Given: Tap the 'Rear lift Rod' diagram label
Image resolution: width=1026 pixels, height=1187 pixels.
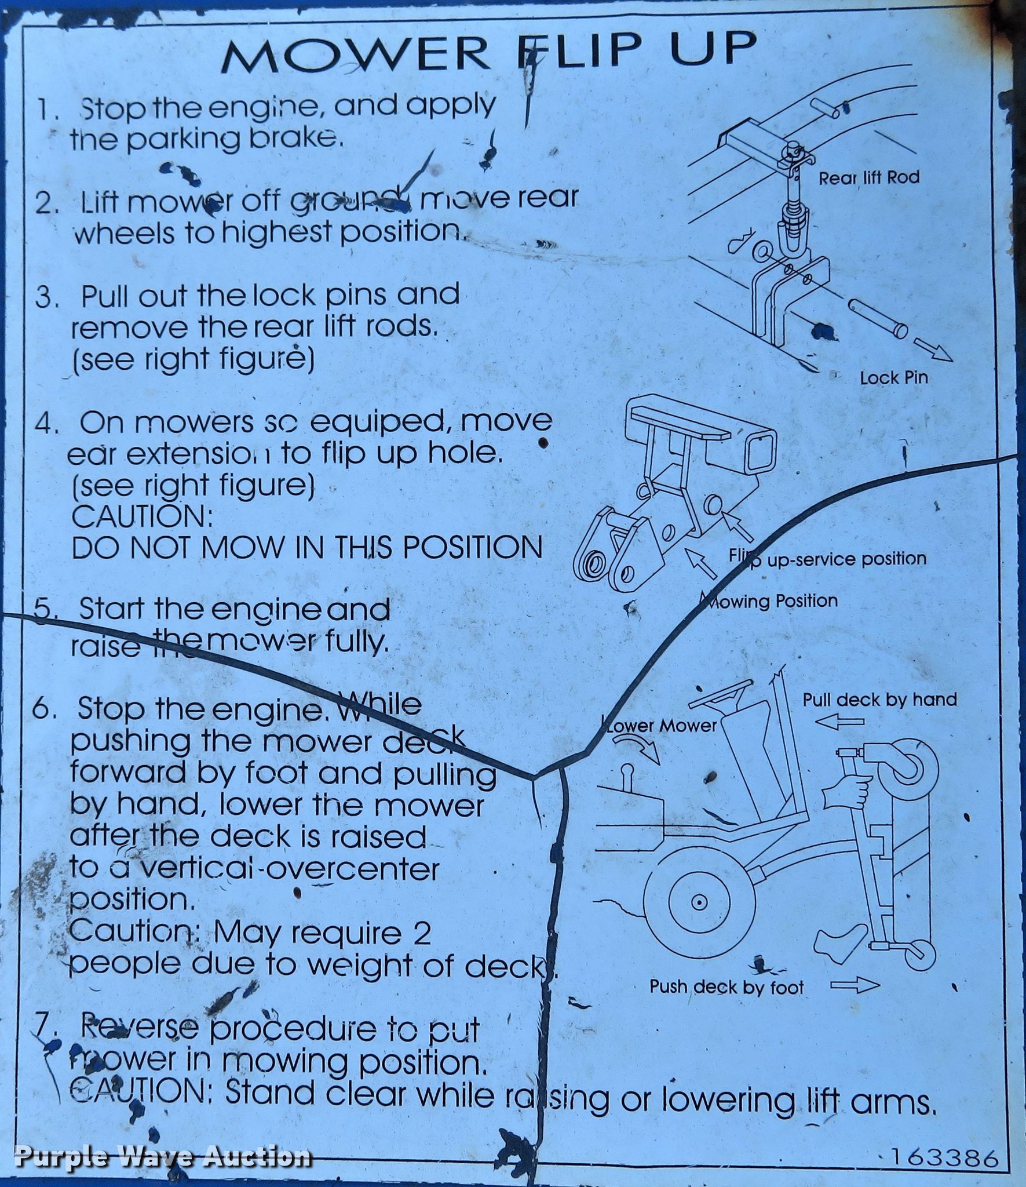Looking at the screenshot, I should pyautogui.click(x=868, y=177).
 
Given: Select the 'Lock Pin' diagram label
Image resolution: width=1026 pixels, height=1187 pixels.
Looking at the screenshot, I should pyautogui.click(x=893, y=378).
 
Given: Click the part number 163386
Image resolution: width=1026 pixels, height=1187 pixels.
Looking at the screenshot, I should pyautogui.click(x=945, y=1159).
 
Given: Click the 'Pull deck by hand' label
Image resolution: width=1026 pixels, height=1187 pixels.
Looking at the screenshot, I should pyautogui.click(x=879, y=700).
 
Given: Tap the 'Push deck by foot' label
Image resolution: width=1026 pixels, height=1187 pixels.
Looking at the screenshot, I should pyautogui.click(x=726, y=987).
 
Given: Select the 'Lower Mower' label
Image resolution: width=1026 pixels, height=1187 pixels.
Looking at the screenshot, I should pyautogui.click(x=660, y=725).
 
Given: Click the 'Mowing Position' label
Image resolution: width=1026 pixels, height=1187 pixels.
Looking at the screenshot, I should pyautogui.click(x=771, y=601).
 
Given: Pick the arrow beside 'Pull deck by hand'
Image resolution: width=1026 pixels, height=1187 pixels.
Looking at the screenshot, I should pyautogui.click(x=839, y=722).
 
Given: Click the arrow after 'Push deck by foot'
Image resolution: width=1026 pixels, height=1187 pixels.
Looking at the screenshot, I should pyautogui.click(x=855, y=986).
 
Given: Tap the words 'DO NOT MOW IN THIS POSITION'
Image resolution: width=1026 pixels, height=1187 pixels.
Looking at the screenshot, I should pyautogui.click(x=307, y=548).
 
